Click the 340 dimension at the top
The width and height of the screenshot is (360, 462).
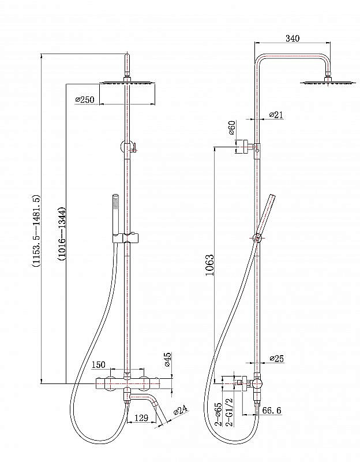coord(292,39)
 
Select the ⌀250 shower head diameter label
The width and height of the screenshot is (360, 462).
coord(85,100)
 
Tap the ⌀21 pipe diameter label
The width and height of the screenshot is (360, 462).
coord(276,115)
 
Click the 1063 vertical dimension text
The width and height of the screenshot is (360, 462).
coord(209,266)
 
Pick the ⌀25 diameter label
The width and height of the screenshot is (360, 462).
coord(277,359)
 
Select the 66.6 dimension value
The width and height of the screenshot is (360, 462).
coord(271,411)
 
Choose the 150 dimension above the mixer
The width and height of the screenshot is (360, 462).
coord(99,364)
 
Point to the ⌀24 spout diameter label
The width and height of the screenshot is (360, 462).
coord(181,411)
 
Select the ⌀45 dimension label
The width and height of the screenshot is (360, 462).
coord(168,360)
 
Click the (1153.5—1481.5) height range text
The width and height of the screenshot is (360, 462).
coord(36,231)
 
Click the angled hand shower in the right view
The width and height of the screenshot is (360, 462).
coord(265,217)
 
